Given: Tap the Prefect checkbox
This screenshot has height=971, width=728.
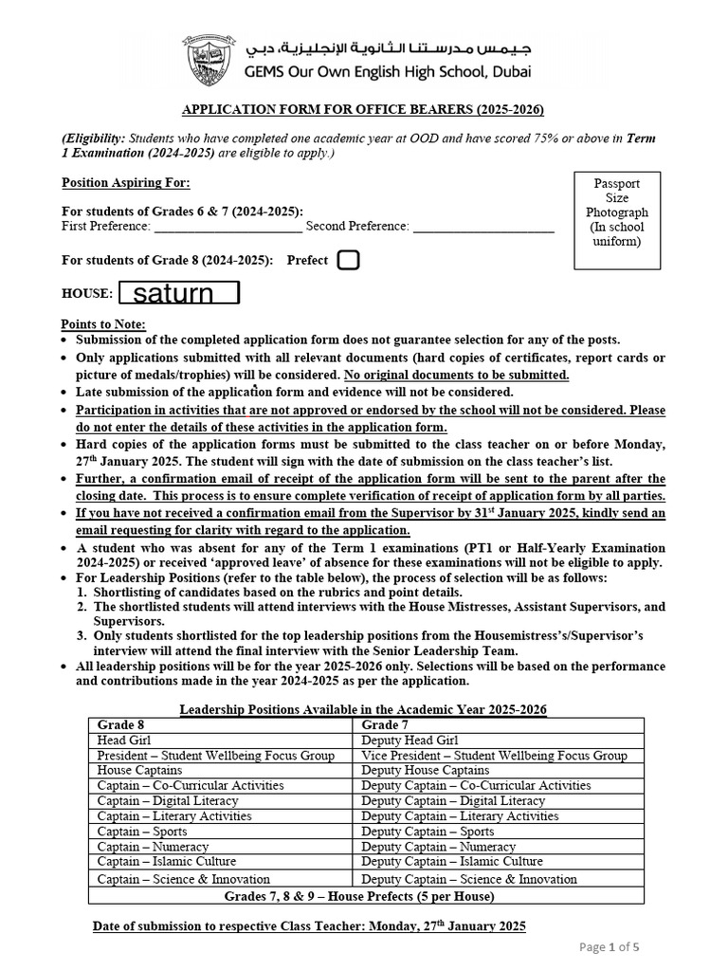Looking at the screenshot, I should [x=348, y=260].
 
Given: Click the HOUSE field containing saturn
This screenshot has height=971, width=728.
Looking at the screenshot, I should [x=179, y=293].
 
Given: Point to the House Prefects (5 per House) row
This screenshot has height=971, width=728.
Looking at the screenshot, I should [x=366, y=895].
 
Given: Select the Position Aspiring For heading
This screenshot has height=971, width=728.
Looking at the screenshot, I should [x=125, y=183].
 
